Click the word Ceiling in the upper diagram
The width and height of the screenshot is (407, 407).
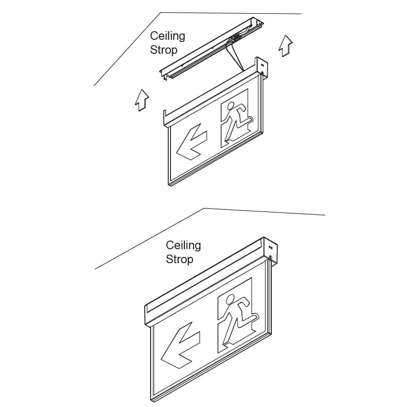(167, 36)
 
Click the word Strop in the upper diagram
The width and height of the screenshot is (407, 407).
(164, 50)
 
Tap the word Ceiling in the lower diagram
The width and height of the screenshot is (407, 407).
(183, 246)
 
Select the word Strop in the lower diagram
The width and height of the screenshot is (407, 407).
(180, 259)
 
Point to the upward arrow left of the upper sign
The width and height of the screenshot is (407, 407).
(142, 100)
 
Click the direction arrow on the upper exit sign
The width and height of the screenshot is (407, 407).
(192, 142)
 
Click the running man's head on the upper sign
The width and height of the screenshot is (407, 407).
(231, 106)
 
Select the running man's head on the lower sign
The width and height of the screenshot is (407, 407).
(231, 299)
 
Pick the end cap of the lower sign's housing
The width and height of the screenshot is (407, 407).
(270, 251)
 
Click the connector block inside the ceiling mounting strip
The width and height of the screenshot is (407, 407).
(236, 38)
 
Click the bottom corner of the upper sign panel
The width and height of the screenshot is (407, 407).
(169, 185)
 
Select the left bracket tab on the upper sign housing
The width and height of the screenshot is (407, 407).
(165, 118)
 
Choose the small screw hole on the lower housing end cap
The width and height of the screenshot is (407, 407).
(271, 257)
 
